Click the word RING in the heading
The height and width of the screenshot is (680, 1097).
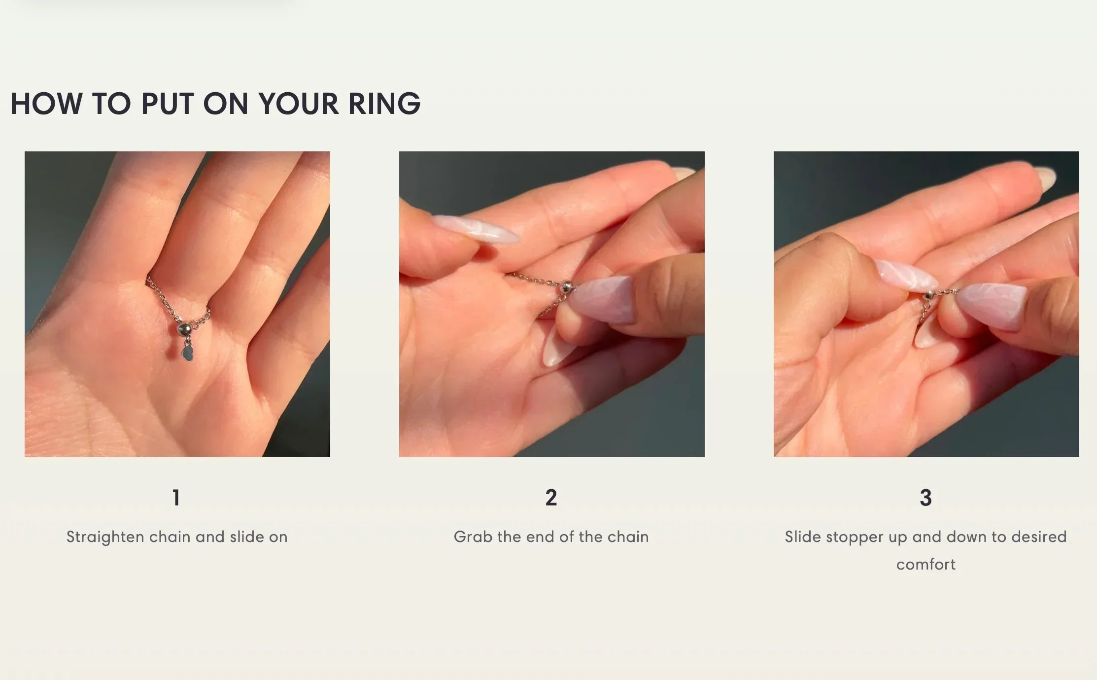(x=384, y=104)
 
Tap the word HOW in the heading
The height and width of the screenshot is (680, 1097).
(x=46, y=104)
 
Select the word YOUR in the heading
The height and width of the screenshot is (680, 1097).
(x=299, y=104)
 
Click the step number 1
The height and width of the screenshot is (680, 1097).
(x=176, y=498)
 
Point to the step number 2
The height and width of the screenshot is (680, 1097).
(x=551, y=498)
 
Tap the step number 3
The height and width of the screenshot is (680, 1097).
(x=926, y=498)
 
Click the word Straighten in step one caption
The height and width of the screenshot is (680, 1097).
(x=105, y=537)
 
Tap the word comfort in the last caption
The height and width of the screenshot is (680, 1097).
(x=926, y=564)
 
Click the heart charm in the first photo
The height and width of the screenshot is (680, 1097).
(x=187, y=354)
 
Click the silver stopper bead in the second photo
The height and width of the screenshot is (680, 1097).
(x=567, y=286)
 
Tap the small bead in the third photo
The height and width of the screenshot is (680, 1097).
(x=928, y=295)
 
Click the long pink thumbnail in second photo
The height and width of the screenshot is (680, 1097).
(x=476, y=230)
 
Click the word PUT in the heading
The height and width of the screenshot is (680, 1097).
(x=167, y=104)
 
